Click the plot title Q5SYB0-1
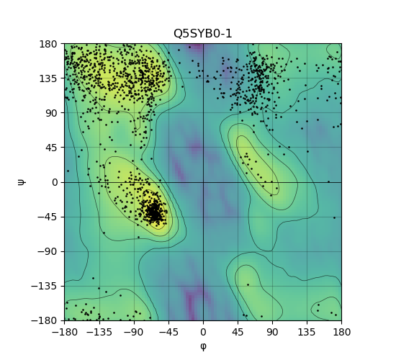[202, 34]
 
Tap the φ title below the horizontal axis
[203, 346]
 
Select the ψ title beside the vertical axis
[22, 182]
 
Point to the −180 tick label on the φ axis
[65, 332]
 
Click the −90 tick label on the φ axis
[134, 332]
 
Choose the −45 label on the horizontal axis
[168, 332]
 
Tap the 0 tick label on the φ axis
[203, 332]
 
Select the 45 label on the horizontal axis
[238, 332]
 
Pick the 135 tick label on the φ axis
[307, 332]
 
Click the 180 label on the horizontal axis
[342, 332]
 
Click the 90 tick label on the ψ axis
[51, 113]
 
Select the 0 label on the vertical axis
[55, 182]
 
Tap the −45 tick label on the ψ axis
[48, 217]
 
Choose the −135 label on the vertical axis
[44, 287]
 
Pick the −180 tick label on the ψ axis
[44, 321]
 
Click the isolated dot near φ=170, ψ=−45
[334, 217]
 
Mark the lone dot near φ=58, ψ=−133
[248, 284]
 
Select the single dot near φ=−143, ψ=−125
[93, 278]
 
